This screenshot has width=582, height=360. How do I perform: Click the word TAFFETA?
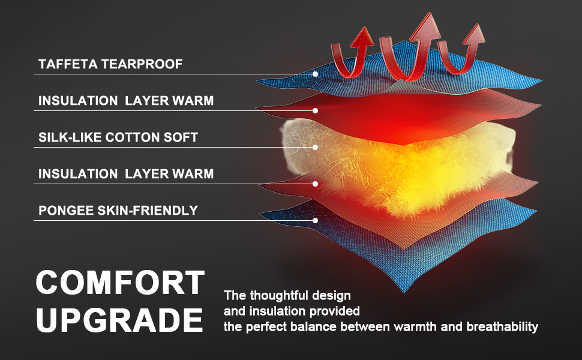click(68, 64)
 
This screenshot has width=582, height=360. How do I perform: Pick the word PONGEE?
click(66, 211)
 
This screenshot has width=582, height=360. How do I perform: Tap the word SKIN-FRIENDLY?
click(148, 211)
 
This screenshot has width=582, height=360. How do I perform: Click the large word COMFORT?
click(120, 282)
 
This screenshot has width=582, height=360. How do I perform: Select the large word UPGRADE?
click(119, 320)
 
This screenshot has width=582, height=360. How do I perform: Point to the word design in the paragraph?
click(331, 296)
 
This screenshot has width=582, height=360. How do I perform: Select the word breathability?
click(502, 327)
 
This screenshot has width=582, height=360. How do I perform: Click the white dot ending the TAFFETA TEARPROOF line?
click(315, 74)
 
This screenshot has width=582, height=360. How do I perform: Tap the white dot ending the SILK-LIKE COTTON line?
click(315, 148)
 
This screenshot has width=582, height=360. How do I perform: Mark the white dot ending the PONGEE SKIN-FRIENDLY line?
click(315, 220)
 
